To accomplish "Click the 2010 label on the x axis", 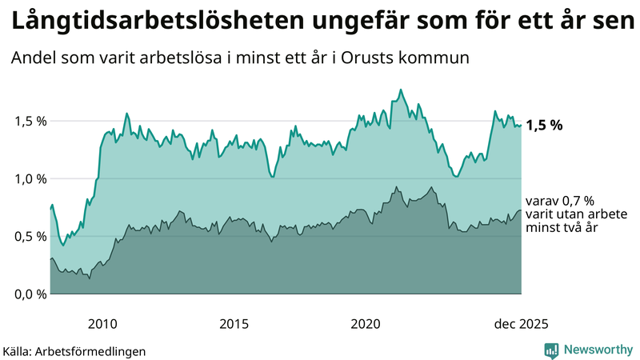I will pos(103,324).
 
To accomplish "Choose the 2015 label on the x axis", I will pos(234,324).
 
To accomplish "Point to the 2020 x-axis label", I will pos(366,324).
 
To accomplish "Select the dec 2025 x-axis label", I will pos(520,324).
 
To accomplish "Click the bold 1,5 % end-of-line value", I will pos(544,126).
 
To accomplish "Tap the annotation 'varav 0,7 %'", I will pos(560,202).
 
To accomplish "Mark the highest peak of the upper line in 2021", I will pos(401,90).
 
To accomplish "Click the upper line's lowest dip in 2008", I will pos(63,245).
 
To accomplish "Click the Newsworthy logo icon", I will pos(551,350).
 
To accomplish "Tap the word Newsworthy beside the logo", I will pos(598,350).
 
